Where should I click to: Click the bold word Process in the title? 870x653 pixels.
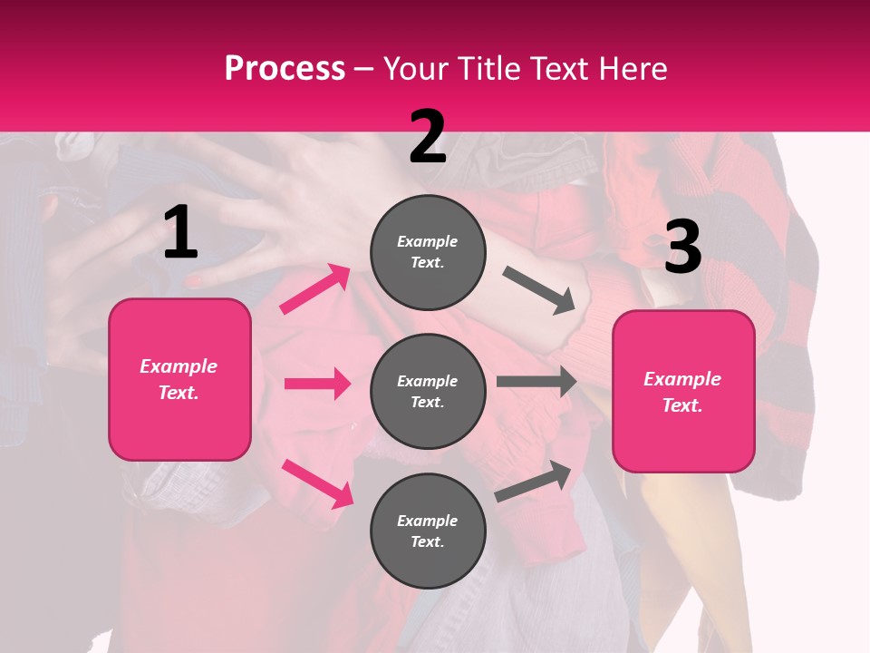pyautogui.click(x=285, y=69)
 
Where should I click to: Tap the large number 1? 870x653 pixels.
pyautogui.click(x=180, y=233)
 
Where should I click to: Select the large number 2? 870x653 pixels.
pyautogui.click(x=428, y=137)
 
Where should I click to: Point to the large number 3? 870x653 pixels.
pyautogui.click(x=682, y=249)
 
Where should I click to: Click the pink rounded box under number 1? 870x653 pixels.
pyautogui.click(x=179, y=379)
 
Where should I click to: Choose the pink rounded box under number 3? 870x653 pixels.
pyautogui.click(x=683, y=391)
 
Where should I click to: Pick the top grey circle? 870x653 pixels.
pyautogui.click(x=428, y=252)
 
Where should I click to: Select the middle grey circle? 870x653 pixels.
pyautogui.click(x=428, y=391)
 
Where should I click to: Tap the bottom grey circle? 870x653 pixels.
pyautogui.click(x=428, y=531)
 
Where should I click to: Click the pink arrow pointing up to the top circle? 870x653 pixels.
pyautogui.click(x=315, y=289)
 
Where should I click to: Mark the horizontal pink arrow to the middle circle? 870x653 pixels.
pyautogui.click(x=317, y=384)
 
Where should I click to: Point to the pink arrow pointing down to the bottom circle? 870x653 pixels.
pyautogui.click(x=317, y=483)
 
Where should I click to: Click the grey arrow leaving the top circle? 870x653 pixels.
pyautogui.click(x=539, y=290)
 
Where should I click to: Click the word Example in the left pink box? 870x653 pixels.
pyautogui.click(x=179, y=366)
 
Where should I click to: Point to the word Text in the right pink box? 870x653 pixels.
pyautogui.click(x=681, y=405)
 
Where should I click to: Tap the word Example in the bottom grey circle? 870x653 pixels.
pyautogui.click(x=427, y=521)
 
